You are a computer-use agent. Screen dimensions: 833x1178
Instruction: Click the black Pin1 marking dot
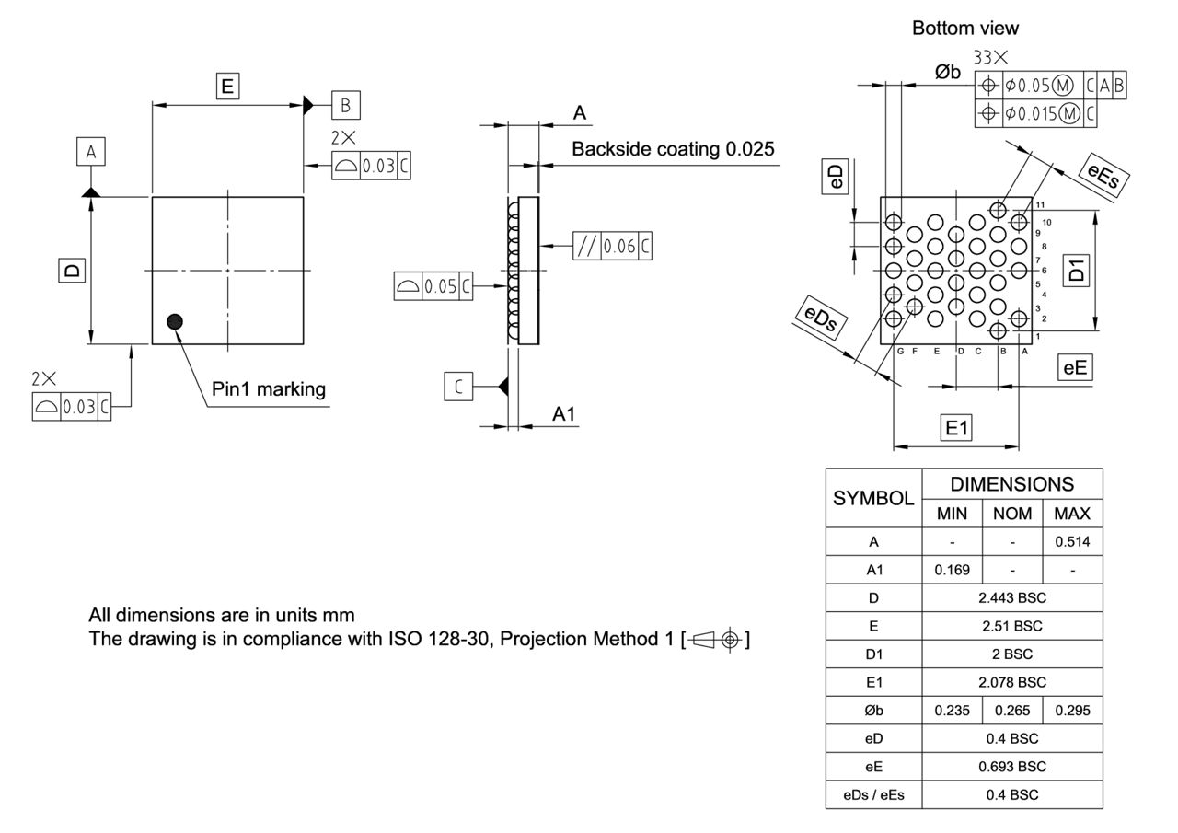pos(175,321)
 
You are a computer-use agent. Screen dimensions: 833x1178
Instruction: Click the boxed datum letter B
pos(346,105)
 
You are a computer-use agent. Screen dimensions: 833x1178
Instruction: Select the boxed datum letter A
pos(91,152)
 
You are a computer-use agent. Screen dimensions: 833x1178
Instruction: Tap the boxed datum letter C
pos(458,387)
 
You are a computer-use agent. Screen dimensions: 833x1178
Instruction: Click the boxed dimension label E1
pos(957,427)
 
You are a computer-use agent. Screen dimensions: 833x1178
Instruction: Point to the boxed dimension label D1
pos(1077,270)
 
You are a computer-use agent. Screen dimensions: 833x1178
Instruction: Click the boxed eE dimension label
pos(1075,368)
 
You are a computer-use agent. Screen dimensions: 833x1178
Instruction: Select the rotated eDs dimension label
pos(821,318)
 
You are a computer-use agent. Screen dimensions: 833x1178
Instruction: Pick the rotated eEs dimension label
pos(1103,174)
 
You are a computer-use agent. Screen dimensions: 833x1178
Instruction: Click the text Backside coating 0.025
pos(673,149)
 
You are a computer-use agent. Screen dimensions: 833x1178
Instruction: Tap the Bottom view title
pos(965,29)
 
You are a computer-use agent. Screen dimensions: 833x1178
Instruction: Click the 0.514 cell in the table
pos(1072,542)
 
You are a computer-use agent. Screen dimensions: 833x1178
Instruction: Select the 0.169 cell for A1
pos(952,570)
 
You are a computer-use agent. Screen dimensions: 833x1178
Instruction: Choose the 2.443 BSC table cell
pos(1011,597)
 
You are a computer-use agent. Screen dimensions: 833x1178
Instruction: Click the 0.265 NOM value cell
pos(1011,710)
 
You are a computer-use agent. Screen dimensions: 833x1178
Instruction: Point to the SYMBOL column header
pos(873,498)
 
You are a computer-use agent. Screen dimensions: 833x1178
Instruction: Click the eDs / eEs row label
pos(873,794)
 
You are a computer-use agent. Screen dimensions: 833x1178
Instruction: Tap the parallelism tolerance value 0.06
pos(619,246)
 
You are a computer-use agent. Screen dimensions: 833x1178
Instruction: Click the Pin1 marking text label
pos(269,389)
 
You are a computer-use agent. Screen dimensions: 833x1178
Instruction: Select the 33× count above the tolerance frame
pos(991,58)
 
